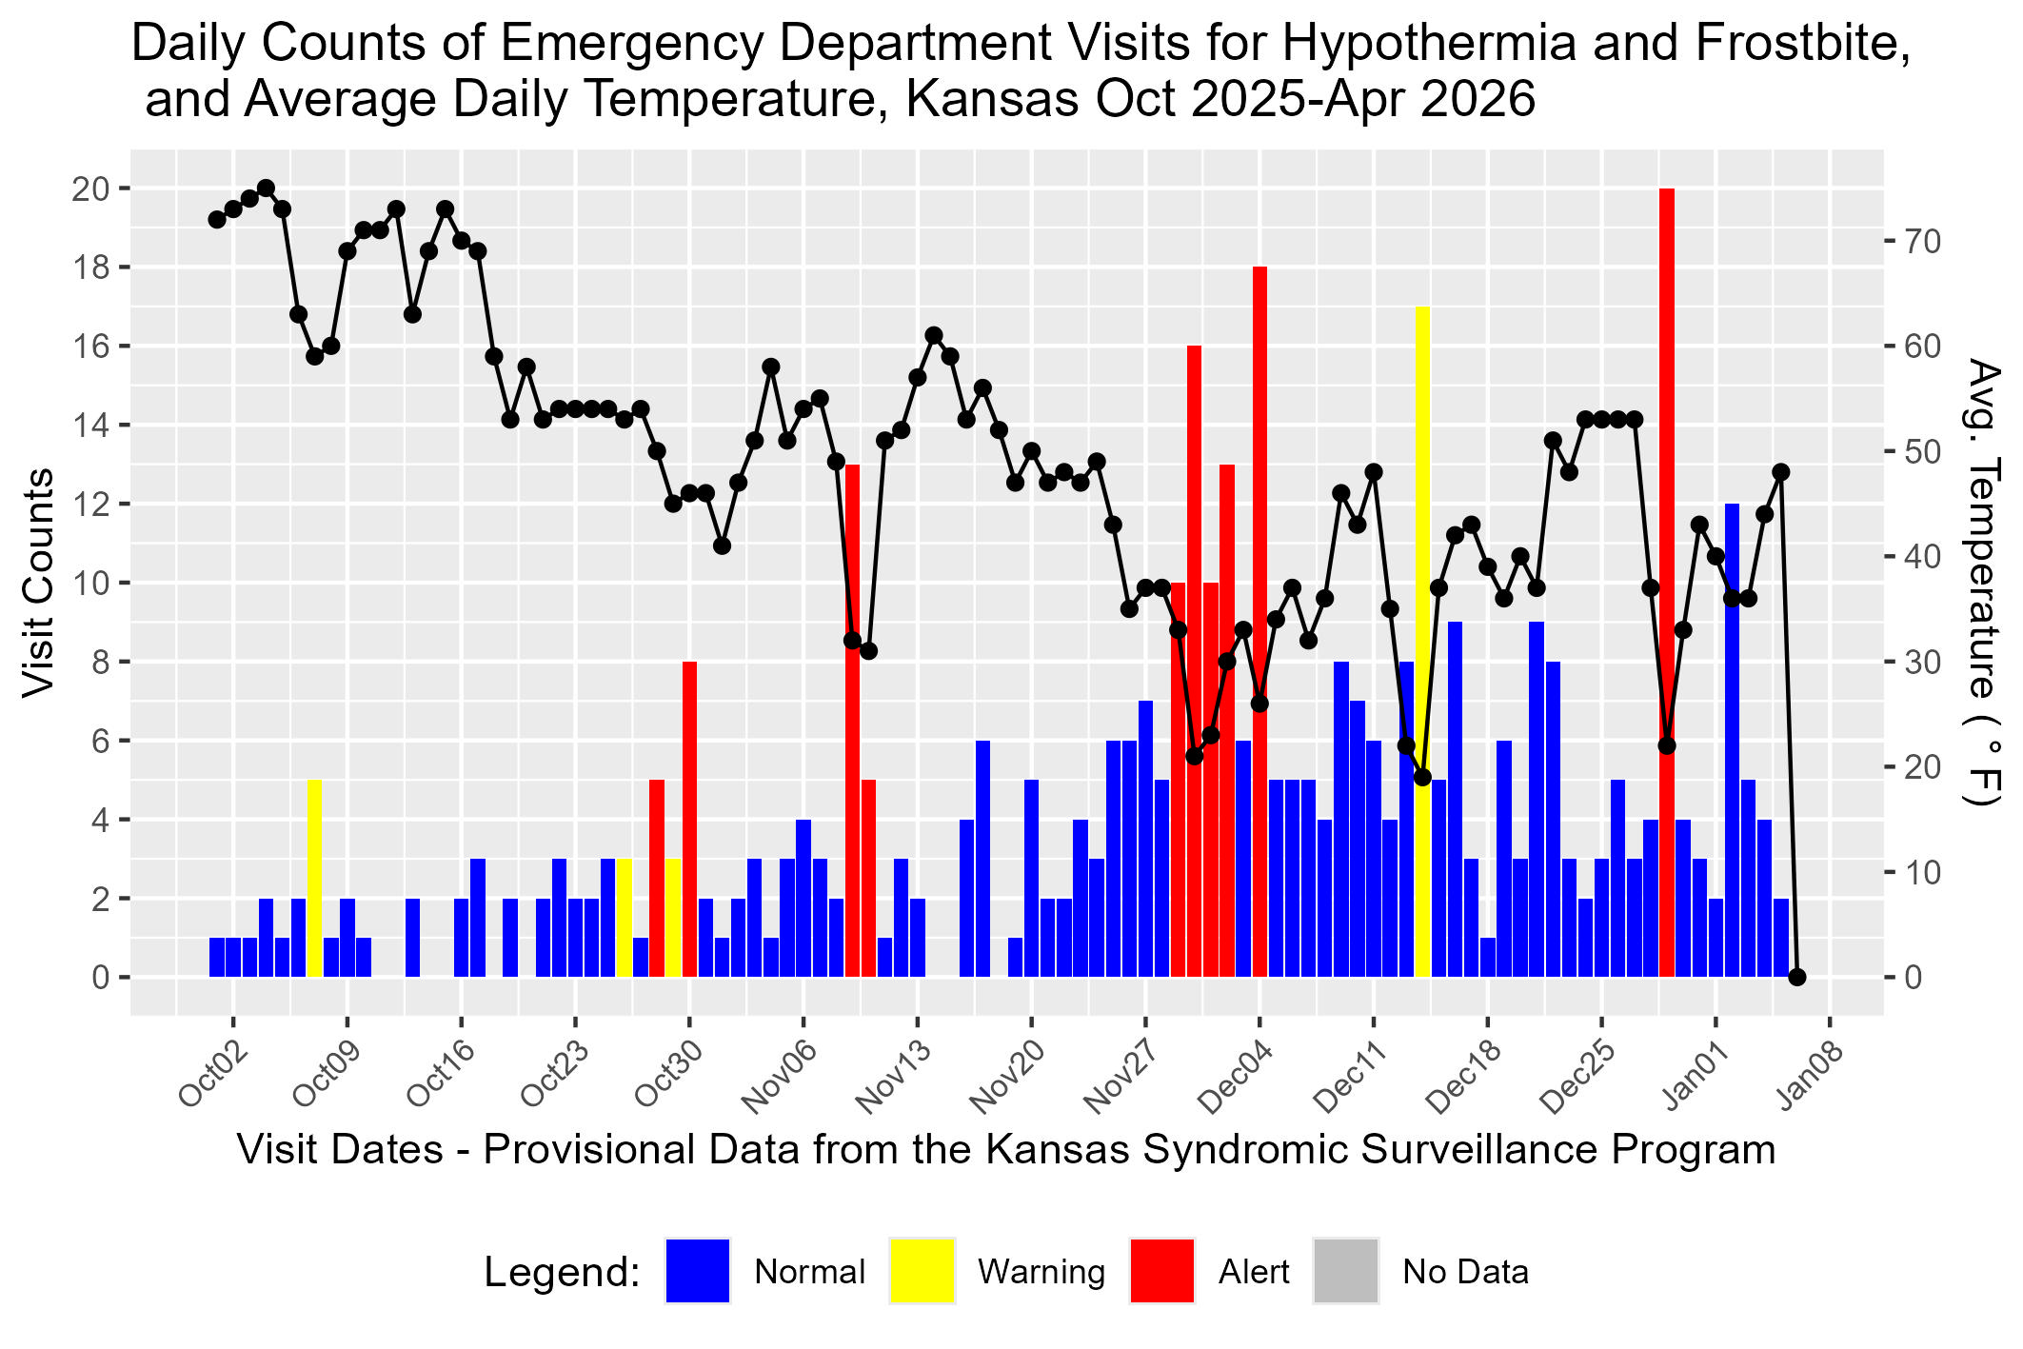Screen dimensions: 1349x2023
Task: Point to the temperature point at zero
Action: (1797, 977)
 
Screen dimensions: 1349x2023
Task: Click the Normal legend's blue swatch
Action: (697, 1270)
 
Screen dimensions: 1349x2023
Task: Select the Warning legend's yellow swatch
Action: (922, 1270)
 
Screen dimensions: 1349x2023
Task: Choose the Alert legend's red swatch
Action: (1161, 1270)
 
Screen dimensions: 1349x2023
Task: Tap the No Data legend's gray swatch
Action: (1345, 1270)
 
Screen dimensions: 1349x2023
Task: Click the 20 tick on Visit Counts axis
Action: (91, 188)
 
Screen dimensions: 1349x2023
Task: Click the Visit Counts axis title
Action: (38, 583)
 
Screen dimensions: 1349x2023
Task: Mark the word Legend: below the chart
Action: (562, 1272)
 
